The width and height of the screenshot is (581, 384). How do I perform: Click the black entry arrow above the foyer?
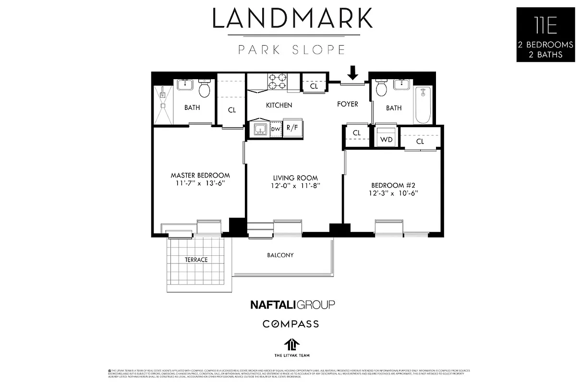[353, 73]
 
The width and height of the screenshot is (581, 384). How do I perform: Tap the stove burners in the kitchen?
[277, 82]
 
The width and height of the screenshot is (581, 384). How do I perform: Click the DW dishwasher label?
[276, 129]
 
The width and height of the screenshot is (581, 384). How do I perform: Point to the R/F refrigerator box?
[291, 128]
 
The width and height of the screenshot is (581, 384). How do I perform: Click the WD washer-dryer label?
[386, 140]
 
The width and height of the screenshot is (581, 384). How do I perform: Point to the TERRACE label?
[196, 260]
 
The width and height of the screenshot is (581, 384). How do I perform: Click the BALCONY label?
[280, 255]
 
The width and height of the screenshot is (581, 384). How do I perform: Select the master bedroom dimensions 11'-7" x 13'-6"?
[200, 184]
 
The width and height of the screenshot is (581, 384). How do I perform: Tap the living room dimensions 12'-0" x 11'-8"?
[295, 186]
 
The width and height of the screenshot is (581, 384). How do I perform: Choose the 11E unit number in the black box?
[545, 25]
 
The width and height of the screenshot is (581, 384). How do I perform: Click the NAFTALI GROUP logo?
[292, 304]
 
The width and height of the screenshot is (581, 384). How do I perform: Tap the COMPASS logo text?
[290, 324]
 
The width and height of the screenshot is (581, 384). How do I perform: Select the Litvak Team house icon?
[291, 344]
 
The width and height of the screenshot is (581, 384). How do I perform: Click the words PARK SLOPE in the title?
[291, 50]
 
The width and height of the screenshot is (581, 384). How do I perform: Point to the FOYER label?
[347, 104]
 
